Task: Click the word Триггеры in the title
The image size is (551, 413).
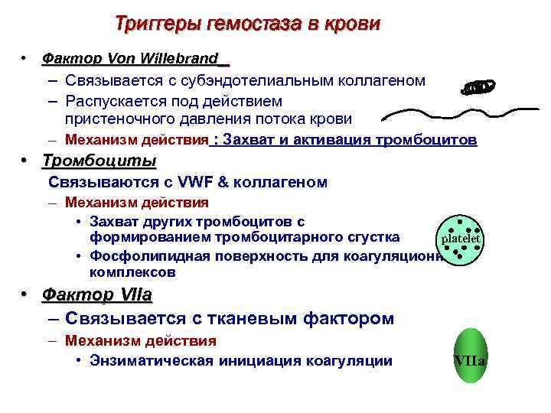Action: pos(158,23)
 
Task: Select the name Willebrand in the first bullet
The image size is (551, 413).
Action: pos(184,59)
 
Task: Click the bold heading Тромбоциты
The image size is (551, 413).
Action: pos(99,161)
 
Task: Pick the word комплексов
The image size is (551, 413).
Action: pos(132,272)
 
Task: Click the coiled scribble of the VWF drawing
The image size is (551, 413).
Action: pos(476,88)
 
